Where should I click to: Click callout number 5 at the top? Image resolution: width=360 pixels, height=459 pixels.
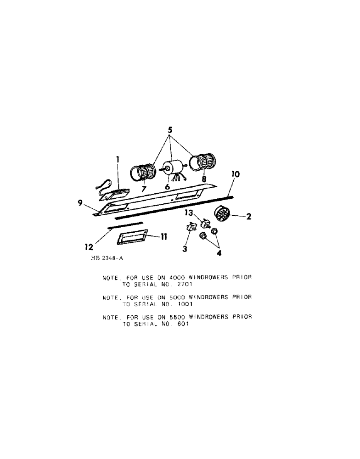(x=169, y=130)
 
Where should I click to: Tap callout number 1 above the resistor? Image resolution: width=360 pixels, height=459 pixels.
(x=118, y=160)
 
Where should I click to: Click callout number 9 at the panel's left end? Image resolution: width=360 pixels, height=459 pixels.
(x=81, y=202)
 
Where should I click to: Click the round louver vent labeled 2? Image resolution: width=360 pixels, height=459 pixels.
(x=222, y=215)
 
